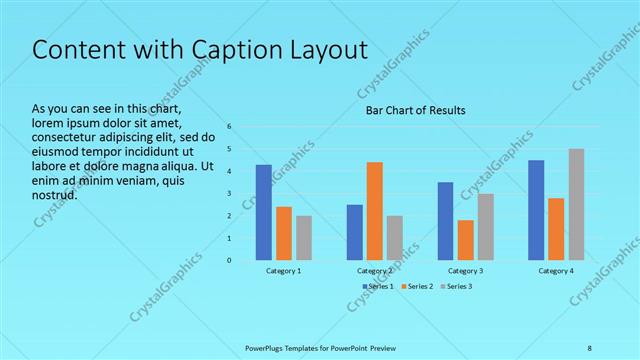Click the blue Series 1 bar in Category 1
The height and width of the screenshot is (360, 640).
263,212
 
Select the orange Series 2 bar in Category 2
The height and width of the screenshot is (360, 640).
374,211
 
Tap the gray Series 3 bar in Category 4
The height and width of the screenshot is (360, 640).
576,204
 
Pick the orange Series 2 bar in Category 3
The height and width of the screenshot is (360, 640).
465,240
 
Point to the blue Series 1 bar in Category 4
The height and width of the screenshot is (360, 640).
536,210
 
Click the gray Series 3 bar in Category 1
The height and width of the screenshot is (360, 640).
303,238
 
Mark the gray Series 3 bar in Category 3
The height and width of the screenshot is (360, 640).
485,227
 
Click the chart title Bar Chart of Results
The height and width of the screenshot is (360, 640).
414,110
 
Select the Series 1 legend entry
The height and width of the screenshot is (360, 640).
379,287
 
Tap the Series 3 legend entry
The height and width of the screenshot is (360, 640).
457,287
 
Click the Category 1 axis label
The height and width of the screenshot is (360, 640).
283,271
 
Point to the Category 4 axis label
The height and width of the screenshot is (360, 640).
556,271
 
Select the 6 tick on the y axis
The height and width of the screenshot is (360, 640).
229,127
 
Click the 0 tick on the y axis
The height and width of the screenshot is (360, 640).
229,260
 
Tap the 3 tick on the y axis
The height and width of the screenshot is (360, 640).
229,194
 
